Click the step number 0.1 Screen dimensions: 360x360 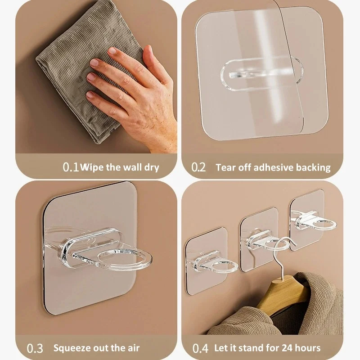(71, 167)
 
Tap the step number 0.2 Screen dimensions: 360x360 (198, 167)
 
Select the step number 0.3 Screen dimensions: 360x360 (35, 348)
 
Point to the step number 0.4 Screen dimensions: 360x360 (200, 348)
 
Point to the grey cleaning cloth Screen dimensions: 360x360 (87, 69)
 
